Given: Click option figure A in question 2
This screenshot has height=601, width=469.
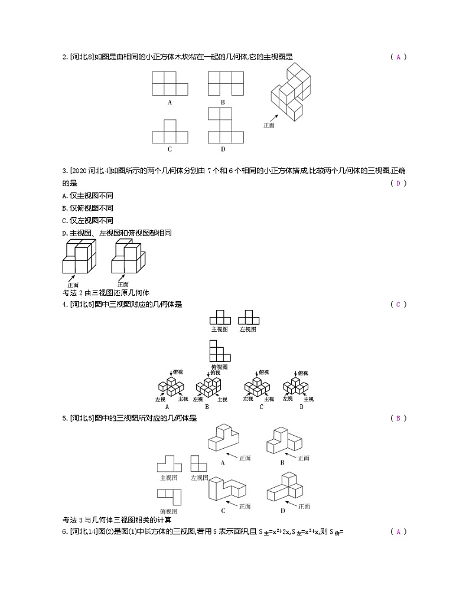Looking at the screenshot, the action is [170, 83].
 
